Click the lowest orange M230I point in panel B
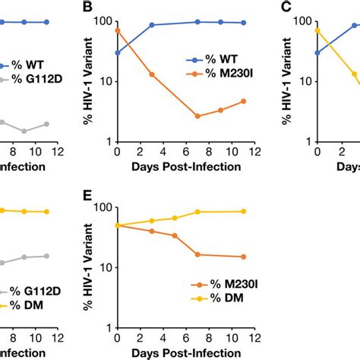tap(197, 116)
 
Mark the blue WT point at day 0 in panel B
tap(117, 53)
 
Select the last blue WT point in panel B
tap(244, 23)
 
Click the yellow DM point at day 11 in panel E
tap(244, 211)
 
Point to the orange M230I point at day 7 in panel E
tap(197, 254)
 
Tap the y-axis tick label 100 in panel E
tap(102, 207)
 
